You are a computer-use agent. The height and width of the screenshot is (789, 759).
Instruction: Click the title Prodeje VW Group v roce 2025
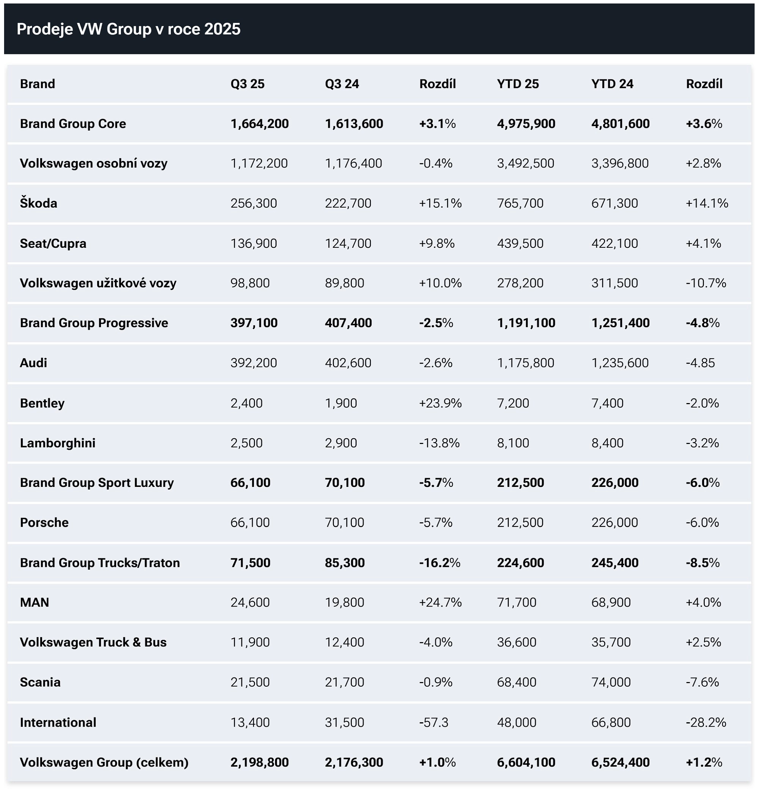[128, 29]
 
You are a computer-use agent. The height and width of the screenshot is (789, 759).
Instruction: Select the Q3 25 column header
[247, 84]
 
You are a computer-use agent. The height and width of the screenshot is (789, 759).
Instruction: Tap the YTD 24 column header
[612, 84]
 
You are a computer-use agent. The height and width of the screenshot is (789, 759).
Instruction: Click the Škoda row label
[39, 203]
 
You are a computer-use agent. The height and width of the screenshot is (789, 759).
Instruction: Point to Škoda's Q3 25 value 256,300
[254, 203]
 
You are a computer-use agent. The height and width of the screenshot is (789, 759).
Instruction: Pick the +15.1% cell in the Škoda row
[440, 203]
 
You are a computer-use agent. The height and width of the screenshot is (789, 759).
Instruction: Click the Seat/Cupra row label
[53, 243]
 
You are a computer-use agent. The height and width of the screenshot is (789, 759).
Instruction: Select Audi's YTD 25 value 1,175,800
[525, 363]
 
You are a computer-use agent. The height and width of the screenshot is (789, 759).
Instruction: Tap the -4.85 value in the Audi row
[700, 363]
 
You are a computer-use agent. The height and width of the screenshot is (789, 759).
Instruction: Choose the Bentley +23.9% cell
[440, 403]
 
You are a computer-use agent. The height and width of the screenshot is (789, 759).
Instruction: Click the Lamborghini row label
[58, 443]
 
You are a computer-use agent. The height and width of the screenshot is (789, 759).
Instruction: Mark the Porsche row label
[44, 522]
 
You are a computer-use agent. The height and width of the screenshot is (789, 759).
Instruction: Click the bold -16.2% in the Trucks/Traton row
[439, 562]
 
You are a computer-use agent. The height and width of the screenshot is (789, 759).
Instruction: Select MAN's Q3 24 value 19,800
[344, 602]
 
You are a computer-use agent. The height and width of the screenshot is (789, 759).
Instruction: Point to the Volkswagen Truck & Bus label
[93, 642]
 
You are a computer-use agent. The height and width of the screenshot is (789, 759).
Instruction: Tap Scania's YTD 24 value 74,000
[611, 682]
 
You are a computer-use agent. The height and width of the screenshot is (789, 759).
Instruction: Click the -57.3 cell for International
[433, 722]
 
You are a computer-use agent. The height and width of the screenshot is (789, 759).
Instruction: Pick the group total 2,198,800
[259, 762]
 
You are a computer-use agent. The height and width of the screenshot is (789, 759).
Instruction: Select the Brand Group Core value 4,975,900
[526, 124]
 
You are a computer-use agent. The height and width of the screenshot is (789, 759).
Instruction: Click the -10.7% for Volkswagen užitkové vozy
[705, 283]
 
